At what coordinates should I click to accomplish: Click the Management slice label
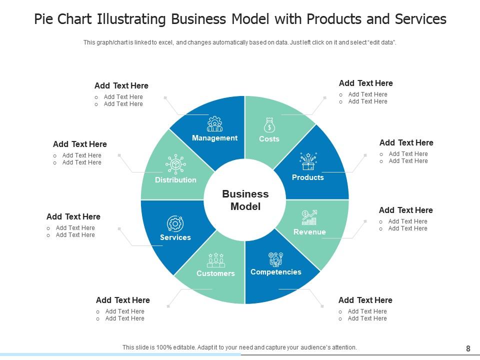(214, 138)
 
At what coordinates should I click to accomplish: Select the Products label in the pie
(307, 177)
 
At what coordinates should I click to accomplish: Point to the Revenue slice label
(309, 232)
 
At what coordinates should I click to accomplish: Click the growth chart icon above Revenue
(309, 217)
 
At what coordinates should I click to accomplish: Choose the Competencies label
(275, 272)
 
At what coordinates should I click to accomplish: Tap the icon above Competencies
(275, 259)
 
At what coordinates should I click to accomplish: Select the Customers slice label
(215, 273)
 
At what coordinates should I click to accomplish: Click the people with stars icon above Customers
(215, 260)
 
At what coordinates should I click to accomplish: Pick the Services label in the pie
(175, 237)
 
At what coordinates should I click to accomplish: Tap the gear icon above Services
(175, 223)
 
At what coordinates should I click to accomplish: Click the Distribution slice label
(175, 180)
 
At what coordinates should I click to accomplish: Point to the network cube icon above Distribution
(175, 164)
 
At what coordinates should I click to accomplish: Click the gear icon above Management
(214, 123)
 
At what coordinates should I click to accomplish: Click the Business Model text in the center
(245, 200)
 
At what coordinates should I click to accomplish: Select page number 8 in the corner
(468, 348)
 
